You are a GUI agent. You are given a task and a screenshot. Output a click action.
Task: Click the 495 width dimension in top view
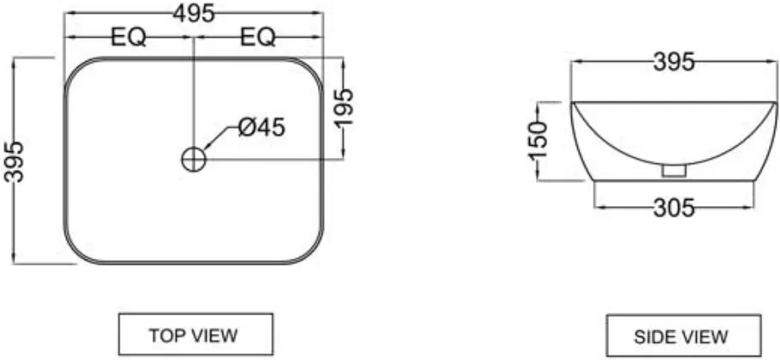click(194, 13)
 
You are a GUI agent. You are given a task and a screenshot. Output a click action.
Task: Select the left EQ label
click(128, 37)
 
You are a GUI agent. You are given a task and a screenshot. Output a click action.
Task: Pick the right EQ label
click(258, 37)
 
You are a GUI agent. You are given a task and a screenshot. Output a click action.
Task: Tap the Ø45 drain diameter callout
click(262, 127)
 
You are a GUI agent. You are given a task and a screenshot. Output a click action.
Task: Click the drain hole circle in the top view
click(193, 160)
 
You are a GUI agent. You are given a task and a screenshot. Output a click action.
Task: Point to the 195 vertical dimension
click(344, 107)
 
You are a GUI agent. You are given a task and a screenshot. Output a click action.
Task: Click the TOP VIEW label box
click(196, 334)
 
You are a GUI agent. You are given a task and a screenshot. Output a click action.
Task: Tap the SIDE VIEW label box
click(684, 336)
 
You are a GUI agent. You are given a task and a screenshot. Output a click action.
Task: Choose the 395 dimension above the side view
click(673, 63)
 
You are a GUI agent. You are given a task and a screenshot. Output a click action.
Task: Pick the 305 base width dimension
click(673, 208)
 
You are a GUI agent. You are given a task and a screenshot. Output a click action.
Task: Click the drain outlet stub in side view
click(674, 171)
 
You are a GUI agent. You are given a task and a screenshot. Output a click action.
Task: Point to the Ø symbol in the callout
click(247, 128)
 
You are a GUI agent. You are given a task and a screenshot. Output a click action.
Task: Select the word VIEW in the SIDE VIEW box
click(704, 337)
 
